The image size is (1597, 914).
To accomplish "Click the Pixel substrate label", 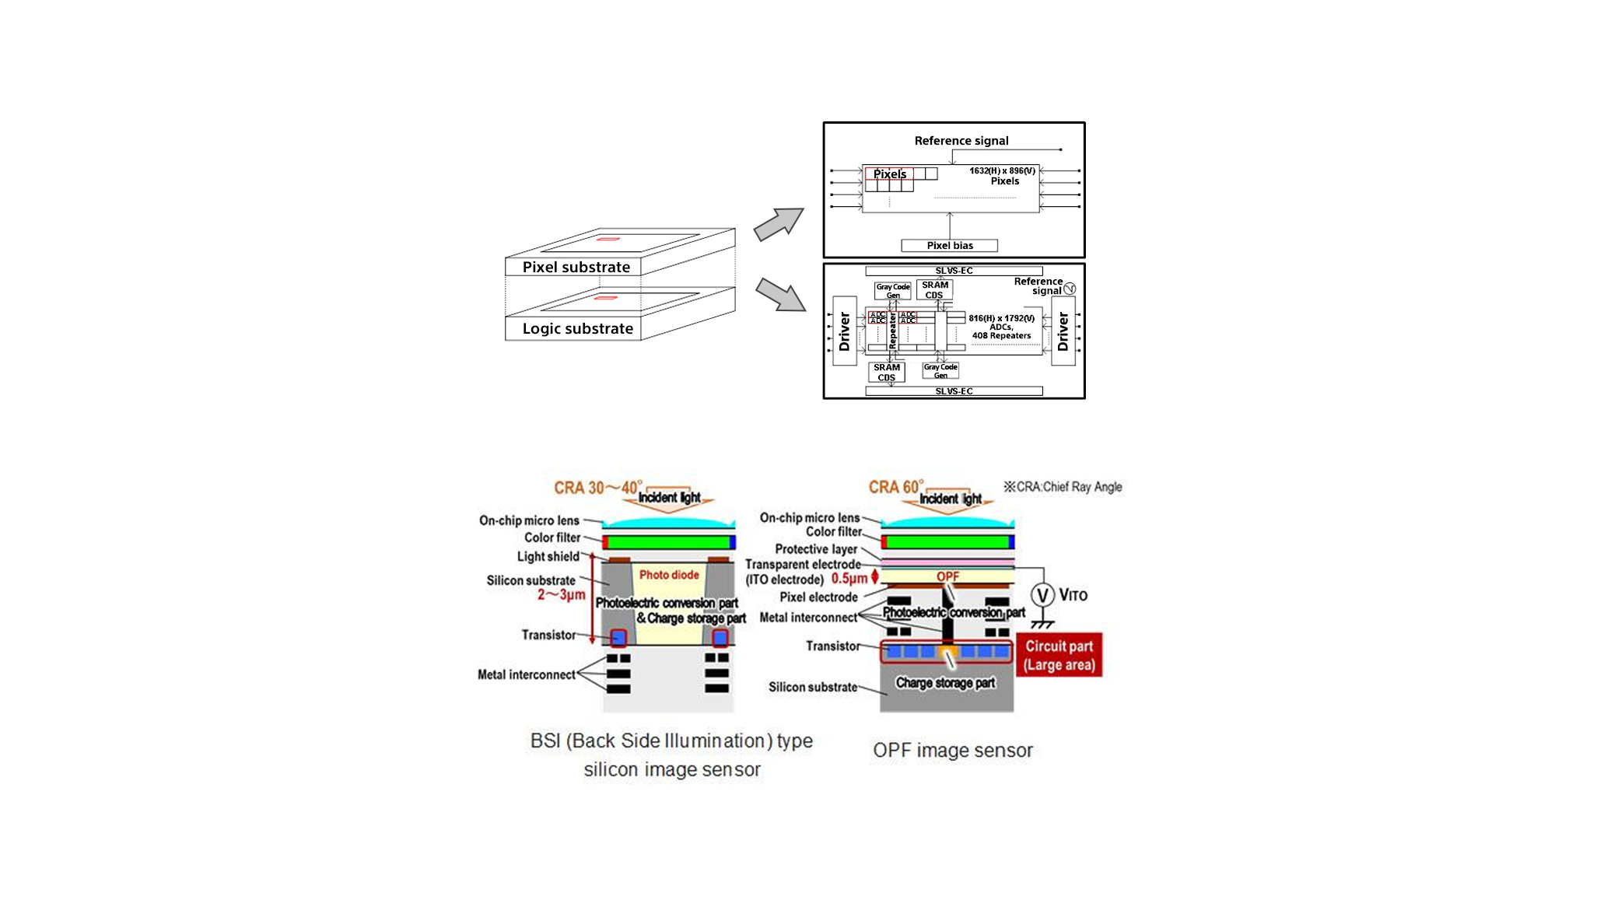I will click(x=576, y=267).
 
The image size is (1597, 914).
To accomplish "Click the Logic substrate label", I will click(x=577, y=328).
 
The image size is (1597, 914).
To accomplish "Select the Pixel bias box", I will click(x=949, y=246).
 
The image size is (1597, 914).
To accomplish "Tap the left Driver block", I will click(x=845, y=331).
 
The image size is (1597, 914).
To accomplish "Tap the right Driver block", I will click(x=1063, y=331).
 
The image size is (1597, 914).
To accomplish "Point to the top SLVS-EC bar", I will click(x=954, y=271).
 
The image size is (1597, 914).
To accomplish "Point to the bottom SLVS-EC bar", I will click(x=954, y=391).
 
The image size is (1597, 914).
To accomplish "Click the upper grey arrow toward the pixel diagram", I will click(x=779, y=223).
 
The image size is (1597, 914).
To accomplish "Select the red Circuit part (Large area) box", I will click(x=1059, y=655).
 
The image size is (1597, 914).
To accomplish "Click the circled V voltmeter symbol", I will click(x=1042, y=596).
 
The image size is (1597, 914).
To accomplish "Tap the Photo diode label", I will click(x=669, y=575).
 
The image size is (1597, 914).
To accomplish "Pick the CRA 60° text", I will click(x=895, y=487).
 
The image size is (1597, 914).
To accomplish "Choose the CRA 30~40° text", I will click(x=597, y=488).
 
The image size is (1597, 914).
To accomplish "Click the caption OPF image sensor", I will click(x=952, y=751).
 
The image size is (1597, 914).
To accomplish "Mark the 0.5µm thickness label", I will click(x=849, y=579).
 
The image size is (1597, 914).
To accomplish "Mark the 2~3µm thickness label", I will click(x=561, y=595).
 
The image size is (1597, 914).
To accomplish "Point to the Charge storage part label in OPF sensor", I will click(x=945, y=683).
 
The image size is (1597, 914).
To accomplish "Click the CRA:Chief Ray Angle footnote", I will click(x=1063, y=487).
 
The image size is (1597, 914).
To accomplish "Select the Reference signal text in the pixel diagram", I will click(x=961, y=141).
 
